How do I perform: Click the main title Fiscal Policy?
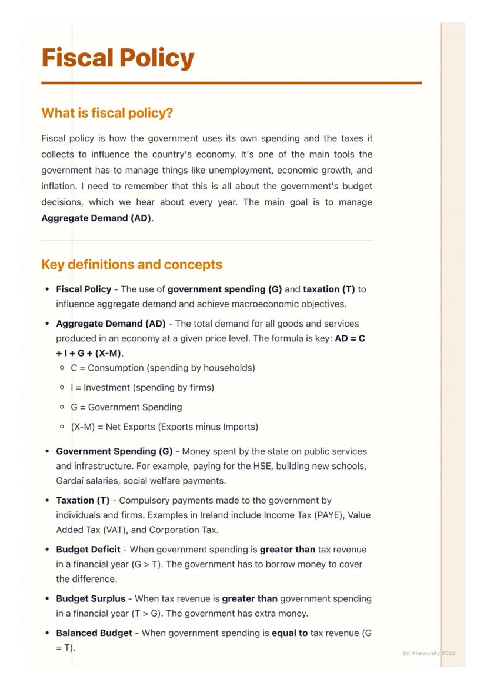point(118,58)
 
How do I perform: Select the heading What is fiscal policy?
point(107,112)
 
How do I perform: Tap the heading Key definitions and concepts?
point(132,264)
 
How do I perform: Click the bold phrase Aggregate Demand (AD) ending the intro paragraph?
point(96,218)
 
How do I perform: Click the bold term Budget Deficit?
point(88,550)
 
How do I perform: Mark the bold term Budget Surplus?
point(91,598)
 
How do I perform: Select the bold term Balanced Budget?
point(94,633)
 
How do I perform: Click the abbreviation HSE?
point(268,466)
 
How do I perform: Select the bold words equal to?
point(289,633)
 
